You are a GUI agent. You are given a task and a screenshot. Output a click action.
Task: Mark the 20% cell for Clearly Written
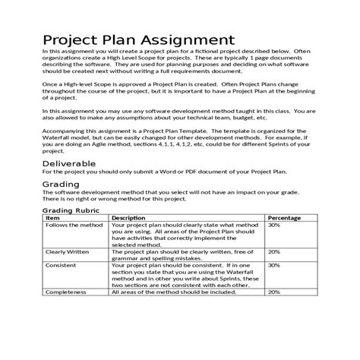[273, 251]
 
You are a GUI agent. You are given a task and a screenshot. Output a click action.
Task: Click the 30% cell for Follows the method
[273, 226]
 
